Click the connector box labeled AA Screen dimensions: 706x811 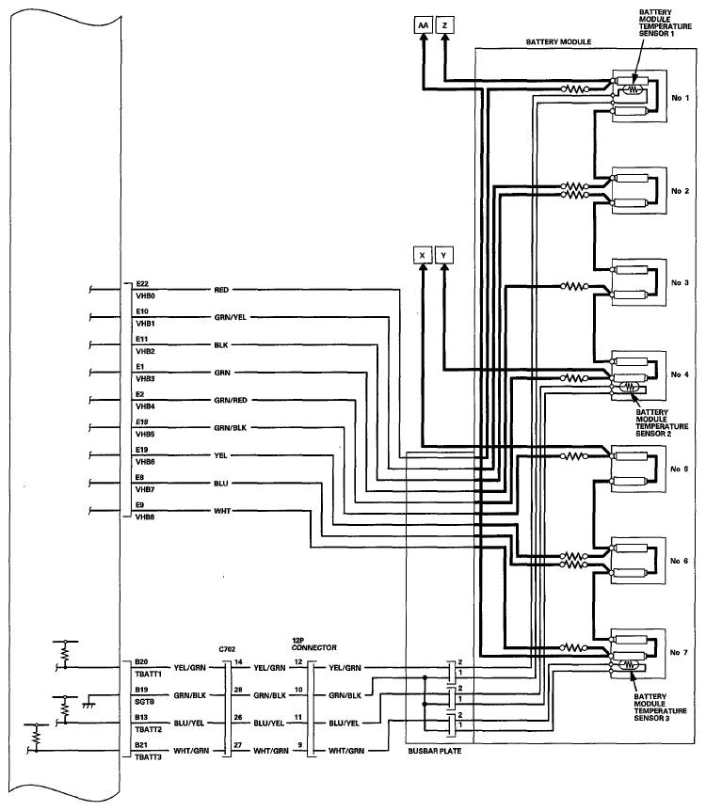[x=423, y=24]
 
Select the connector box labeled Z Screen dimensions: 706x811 [x=444, y=24]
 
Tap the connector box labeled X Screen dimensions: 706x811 [x=423, y=255]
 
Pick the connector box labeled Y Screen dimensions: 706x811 [x=444, y=255]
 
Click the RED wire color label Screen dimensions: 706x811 [x=221, y=290]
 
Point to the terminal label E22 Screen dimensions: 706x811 [x=142, y=283]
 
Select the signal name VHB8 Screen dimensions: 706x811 [x=145, y=517]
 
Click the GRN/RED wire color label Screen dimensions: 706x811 [x=231, y=400]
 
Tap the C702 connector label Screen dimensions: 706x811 [x=227, y=649]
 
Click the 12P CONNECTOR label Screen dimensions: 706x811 [x=313, y=644]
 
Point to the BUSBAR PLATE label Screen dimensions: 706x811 [x=434, y=751]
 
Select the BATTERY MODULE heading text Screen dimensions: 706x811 [x=558, y=42]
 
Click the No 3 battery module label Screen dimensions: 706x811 [x=680, y=282]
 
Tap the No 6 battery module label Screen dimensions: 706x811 [x=679, y=561]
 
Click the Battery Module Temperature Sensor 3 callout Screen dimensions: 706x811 [x=660, y=708]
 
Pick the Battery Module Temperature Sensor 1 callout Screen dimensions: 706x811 [x=666, y=23]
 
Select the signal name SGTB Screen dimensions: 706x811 [x=144, y=702]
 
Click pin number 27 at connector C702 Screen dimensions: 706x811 [x=237, y=745]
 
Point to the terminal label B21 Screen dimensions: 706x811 [x=141, y=745]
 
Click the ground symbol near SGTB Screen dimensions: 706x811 [x=88, y=704]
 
